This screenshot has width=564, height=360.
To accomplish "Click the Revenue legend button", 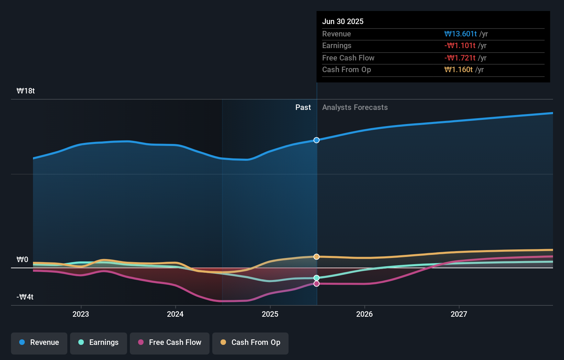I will coord(39,342).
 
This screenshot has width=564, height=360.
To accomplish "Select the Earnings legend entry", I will coord(99,342).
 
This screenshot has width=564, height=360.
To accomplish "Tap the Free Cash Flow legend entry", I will coord(170,342).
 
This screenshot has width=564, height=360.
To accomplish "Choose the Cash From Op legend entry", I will coord(250,342).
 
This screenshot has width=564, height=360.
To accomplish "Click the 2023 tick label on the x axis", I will coord(81,314).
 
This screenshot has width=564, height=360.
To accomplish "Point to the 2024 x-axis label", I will coord(175,314).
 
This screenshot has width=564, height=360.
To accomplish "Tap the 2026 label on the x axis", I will coord(364,314).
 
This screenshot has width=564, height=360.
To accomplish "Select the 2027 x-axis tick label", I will coord(459,314).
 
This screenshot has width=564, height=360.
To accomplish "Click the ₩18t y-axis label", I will coord(26,91).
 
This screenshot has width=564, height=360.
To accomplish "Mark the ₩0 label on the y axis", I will coord(23,260).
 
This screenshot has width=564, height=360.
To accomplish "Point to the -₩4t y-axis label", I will coord(25,297).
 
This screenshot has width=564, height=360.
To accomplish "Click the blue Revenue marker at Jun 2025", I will coord(317,140).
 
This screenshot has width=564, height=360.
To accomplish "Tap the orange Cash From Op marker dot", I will coord(317,257).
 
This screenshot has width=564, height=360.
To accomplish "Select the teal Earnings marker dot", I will coord(317,278).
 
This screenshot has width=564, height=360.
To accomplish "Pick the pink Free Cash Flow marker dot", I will coord(317,284).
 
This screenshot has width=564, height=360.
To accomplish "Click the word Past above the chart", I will coord(303,108).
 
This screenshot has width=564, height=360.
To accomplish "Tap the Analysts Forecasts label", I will coord(355,108).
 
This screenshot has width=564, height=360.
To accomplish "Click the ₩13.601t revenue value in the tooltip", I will coord(460,34).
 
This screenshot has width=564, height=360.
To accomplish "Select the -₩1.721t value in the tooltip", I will coord(460,58).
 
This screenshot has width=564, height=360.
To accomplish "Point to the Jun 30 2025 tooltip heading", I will coord(343,21).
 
